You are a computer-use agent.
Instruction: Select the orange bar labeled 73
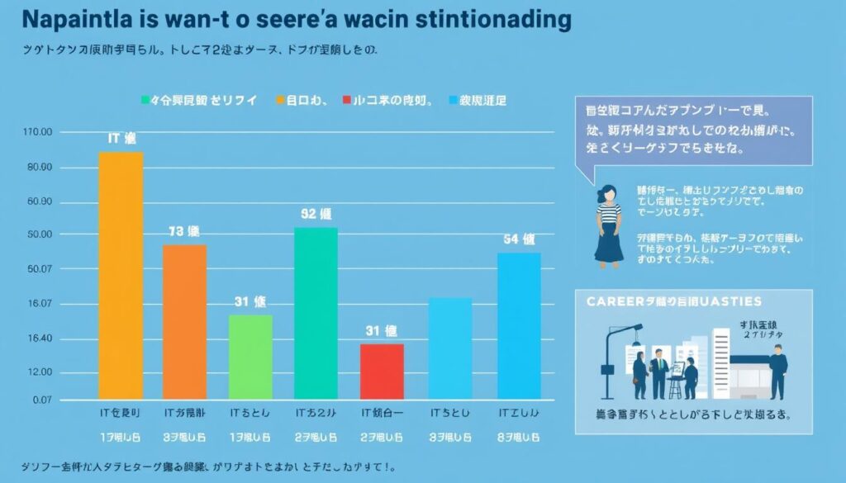(x=184, y=322)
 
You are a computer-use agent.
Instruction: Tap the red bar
(x=382, y=372)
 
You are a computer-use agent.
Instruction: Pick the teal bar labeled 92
(x=316, y=314)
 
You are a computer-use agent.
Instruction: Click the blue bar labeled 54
(x=519, y=326)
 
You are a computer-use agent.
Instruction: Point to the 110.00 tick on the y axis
(x=39, y=132)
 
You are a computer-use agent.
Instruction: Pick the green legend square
(x=145, y=101)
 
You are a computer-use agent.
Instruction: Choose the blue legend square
(x=452, y=101)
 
